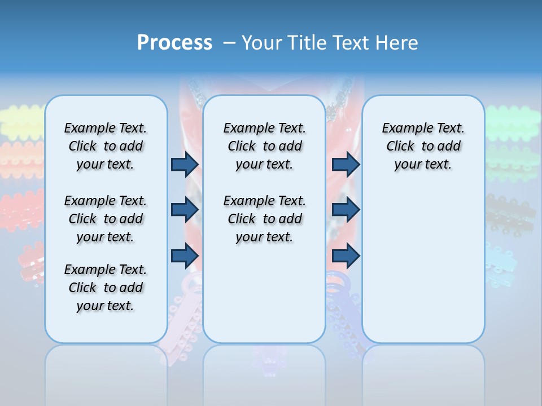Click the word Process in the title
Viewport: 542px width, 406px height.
174,42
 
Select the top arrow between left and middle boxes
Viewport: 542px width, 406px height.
185,165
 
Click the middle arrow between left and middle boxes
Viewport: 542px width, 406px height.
185,210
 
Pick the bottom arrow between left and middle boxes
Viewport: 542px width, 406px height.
185,256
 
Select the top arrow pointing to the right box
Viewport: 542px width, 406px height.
346,165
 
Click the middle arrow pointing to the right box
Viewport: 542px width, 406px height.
346,210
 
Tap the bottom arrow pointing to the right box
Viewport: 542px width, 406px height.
346,256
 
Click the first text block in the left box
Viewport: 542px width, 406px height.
106,146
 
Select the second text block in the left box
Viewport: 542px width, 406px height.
106,219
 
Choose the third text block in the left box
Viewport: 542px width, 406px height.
106,288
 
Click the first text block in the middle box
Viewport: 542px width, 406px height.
264,146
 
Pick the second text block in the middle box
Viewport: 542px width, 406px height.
264,219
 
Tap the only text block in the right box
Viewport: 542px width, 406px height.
423,146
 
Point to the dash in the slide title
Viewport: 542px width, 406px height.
229,42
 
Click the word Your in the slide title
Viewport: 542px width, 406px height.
262,42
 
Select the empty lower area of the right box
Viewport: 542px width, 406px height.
423,271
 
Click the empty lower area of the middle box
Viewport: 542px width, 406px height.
264,293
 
